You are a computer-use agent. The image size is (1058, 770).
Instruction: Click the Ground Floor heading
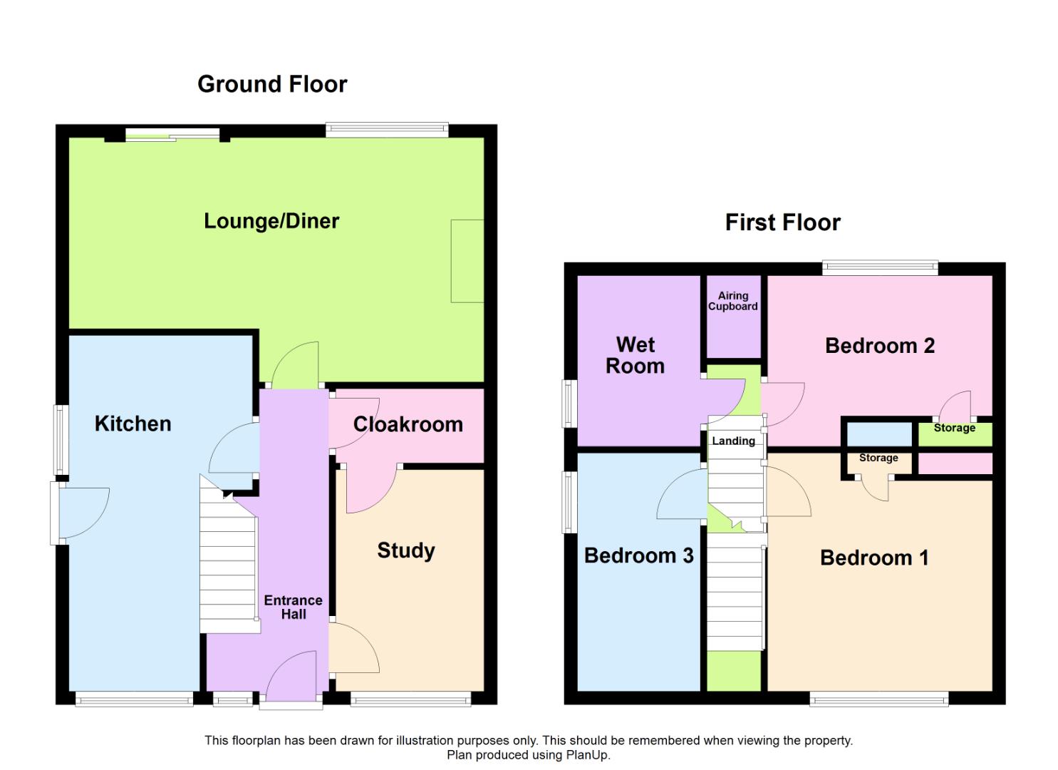point(272,84)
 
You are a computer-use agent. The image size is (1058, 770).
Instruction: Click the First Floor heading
point(782,222)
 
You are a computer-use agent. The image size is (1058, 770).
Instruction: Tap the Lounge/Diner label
point(271,221)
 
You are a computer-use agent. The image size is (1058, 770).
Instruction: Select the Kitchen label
point(133,423)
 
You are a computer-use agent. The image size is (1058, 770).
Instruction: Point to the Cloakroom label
point(408,424)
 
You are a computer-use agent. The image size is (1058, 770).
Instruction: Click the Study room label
point(405,550)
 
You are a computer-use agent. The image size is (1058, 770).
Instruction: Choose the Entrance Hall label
point(293,607)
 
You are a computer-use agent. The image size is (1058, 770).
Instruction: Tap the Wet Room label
point(635,355)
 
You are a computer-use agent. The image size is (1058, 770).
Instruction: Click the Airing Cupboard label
point(732,301)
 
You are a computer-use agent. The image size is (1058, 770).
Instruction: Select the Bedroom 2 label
point(879,346)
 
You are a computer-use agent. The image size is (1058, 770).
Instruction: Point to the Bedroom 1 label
point(874,558)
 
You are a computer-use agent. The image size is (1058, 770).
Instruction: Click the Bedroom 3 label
point(638,555)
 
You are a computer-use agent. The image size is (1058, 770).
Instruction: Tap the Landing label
point(733,441)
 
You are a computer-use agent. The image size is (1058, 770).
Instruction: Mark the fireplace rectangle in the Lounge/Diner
point(467,261)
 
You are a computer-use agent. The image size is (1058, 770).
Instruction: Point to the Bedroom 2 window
point(880,268)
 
